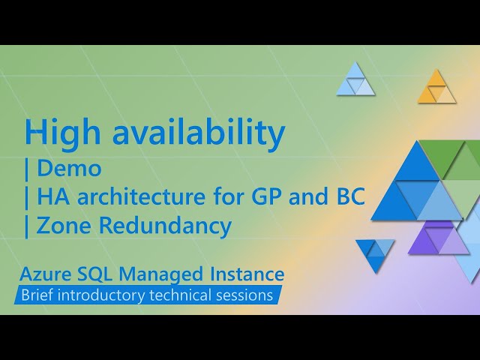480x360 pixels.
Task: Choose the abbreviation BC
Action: (x=348, y=197)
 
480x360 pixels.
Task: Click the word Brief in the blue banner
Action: (x=38, y=295)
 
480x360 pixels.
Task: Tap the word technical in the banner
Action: (x=184, y=295)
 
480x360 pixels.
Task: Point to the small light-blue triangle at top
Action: (x=355, y=81)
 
